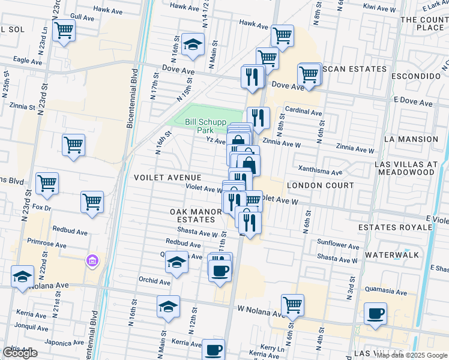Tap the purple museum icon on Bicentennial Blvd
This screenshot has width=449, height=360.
(91, 260)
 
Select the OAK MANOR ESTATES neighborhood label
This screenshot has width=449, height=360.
(191, 216)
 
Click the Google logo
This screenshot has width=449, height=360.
(20, 353)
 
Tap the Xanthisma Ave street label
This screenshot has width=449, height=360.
(318, 172)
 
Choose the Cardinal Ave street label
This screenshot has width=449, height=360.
(304, 112)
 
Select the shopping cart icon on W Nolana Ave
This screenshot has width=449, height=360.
(292, 305)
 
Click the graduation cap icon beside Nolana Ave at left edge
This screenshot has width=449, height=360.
(22, 277)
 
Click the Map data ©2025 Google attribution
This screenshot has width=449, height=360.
(411, 355)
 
